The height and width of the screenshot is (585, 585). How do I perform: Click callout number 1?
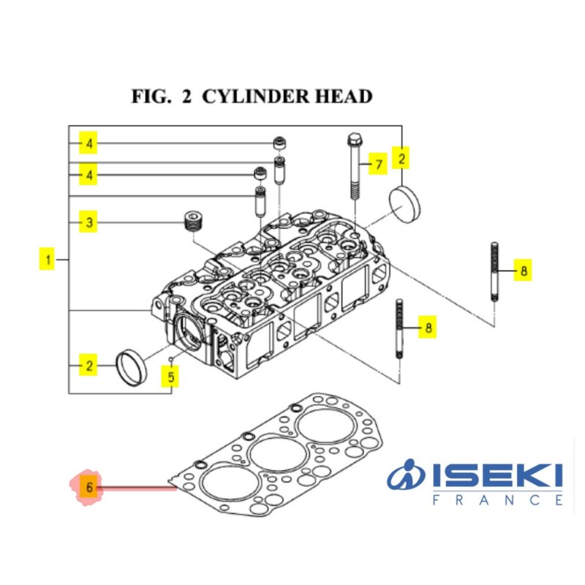pyautogui.click(x=48, y=259)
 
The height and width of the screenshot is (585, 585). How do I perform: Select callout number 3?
pyautogui.click(x=88, y=222)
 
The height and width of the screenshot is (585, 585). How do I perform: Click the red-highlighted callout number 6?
pyautogui.click(x=88, y=487)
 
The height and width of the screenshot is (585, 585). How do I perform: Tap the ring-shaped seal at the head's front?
pyautogui.click(x=132, y=368)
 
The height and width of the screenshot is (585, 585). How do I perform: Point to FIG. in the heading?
pyautogui.click(x=151, y=97)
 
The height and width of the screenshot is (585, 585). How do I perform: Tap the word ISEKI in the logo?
pyautogui.click(x=497, y=477)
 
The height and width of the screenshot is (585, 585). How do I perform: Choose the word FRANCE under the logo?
pyautogui.click(x=497, y=501)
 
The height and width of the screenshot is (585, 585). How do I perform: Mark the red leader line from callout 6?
pyautogui.click(x=135, y=487)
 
